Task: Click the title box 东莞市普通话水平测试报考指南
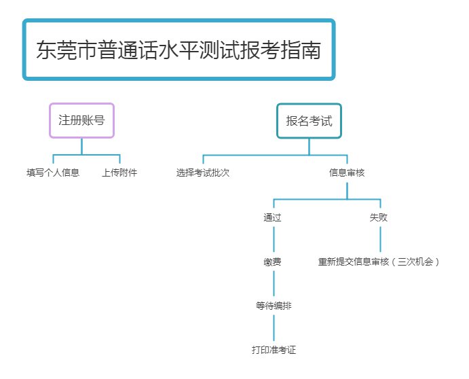point(179,50)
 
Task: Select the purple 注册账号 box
point(81,121)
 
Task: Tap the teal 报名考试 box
point(309,121)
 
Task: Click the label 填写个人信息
point(53,173)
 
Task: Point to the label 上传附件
point(119,173)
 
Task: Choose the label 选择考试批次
point(203,173)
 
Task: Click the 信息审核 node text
point(347,173)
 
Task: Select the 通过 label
point(273,218)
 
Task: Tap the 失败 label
point(379,218)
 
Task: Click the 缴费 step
point(273,261)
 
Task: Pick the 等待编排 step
point(274,306)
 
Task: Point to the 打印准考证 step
point(274,350)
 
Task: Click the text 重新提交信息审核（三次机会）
point(379,261)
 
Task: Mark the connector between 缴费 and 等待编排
point(273,283)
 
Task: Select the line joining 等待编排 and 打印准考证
point(274,329)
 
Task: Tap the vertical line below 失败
point(379,240)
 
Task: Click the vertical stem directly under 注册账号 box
point(81,146)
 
